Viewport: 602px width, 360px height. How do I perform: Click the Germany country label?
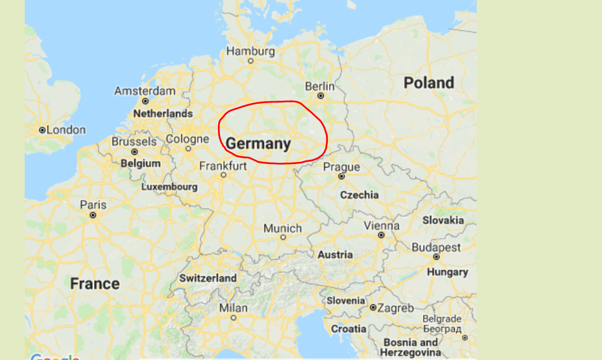[258, 144]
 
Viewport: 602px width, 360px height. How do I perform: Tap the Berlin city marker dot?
[321, 95]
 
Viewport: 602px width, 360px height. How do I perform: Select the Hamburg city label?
[250, 51]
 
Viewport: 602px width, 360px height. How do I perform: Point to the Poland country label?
[428, 83]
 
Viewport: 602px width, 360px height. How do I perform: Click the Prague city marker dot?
[341, 177]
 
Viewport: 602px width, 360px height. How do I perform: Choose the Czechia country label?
[359, 195]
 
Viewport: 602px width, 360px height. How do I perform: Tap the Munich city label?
[283, 228]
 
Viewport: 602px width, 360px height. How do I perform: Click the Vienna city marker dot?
[381, 235]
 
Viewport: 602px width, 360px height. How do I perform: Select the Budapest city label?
[436, 247]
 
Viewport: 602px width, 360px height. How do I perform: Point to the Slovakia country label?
[443, 220]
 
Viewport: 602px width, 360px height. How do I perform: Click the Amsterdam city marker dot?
[145, 101]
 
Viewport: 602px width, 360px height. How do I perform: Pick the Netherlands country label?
[163, 113]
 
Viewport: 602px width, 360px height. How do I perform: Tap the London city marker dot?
[42, 130]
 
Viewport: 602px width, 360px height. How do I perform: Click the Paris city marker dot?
[93, 215]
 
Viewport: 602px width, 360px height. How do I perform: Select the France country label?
[95, 283]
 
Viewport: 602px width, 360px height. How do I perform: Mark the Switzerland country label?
[208, 278]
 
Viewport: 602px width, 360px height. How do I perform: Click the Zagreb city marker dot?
[373, 308]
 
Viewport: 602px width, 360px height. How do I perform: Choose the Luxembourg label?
[169, 187]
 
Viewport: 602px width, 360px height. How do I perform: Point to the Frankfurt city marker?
[223, 175]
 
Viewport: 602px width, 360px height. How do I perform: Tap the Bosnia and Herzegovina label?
[410, 347]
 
